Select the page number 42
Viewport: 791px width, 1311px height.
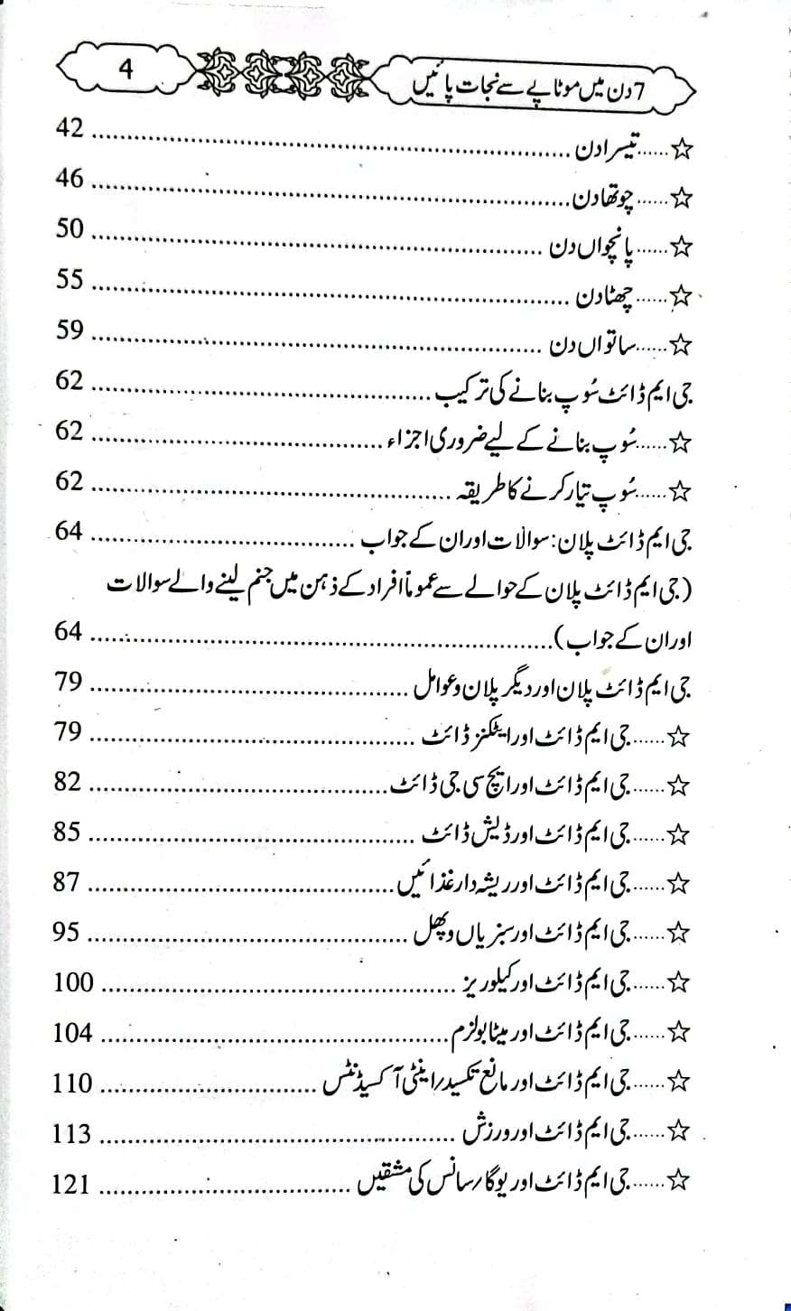(x=70, y=129)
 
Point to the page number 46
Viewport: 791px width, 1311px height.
(x=70, y=179)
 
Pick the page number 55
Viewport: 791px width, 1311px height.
(x=70, y=280)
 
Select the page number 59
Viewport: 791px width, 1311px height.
(x=70, y=330)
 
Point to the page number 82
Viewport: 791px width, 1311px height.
(x=70, y=782)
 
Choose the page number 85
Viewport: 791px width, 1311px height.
(x=70, y=832)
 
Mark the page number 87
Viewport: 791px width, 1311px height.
(x=70, y=881)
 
